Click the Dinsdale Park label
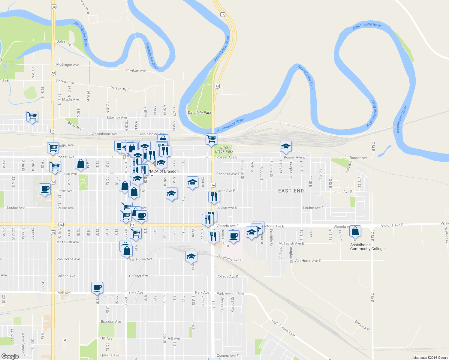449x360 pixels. [199, 112]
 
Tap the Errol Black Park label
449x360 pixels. [224, 149]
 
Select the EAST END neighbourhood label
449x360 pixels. [291, 191]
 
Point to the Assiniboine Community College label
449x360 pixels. [367, 247]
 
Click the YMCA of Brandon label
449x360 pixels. [163, 172]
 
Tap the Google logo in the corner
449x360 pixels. [10, 356]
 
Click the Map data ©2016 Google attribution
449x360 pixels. [430, 358]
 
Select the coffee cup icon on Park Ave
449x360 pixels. [97, 288]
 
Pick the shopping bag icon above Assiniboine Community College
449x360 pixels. [355, 231]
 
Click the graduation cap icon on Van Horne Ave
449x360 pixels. [191, 256]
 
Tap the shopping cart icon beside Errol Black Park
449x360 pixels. [212, 139]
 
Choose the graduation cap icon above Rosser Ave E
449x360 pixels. [286, 147]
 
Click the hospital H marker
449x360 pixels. [228, 246]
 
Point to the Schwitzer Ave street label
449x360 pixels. [134, 70]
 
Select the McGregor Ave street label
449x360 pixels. [68, 65]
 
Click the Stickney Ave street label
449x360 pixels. [116, 118]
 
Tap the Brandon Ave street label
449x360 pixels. [111, 322]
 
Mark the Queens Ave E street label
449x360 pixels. [228, 356]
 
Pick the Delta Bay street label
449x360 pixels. [348, 167]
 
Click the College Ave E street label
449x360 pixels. [227, 277]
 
